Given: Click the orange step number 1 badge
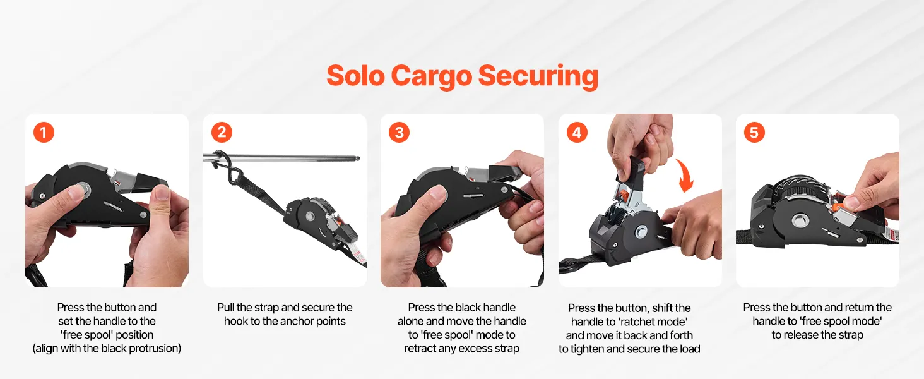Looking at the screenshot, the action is pyautogui.click(x=44, y=133).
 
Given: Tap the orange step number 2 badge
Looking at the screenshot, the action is pyautogui.click(x=222, y=133).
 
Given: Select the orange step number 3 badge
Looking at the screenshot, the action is pyautogui.click(x=399, y=133).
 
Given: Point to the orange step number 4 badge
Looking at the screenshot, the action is pyautogui.click(x=577, y=133).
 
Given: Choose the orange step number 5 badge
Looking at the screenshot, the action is pyautogui.click(x=754, y=133).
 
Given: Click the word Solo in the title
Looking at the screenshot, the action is pyautogui.click(x=355, y=76).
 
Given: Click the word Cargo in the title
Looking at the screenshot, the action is pyautogui.click(x=431, y=77).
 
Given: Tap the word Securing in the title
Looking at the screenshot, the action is pyautogui.click(x=538, y=77).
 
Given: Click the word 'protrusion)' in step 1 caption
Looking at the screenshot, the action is pyautogui.click(x=155, y=349).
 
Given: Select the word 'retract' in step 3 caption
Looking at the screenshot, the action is pyautogui.click(x=422, y=349).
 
